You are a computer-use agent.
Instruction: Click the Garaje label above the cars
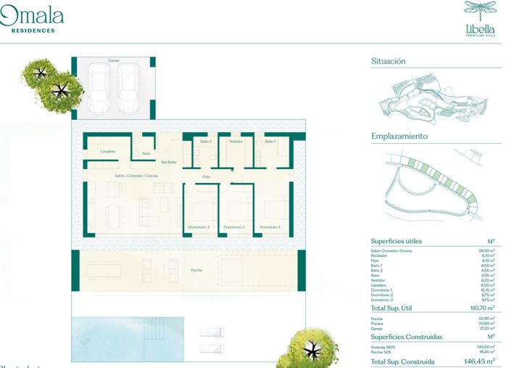tap(114, 61)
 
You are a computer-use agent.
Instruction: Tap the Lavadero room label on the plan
tap(108, 151)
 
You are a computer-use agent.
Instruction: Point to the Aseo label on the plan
tap(146, 153)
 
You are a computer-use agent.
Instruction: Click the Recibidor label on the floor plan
tap(169, 162)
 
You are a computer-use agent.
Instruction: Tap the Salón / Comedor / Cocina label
tap(136, 176)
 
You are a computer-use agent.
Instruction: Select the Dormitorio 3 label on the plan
tap(199, 228)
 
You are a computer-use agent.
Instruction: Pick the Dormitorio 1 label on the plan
tap(270, 228)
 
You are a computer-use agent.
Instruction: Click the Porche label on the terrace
tap(196, 270)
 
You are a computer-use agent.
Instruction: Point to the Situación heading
tap(389, 62)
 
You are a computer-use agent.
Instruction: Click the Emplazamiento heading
tap(399, 136)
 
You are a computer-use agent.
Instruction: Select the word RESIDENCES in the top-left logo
tap(33, 30)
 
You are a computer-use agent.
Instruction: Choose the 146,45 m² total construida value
tap(479, 361)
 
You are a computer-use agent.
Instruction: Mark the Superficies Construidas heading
tap(406, 337)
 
